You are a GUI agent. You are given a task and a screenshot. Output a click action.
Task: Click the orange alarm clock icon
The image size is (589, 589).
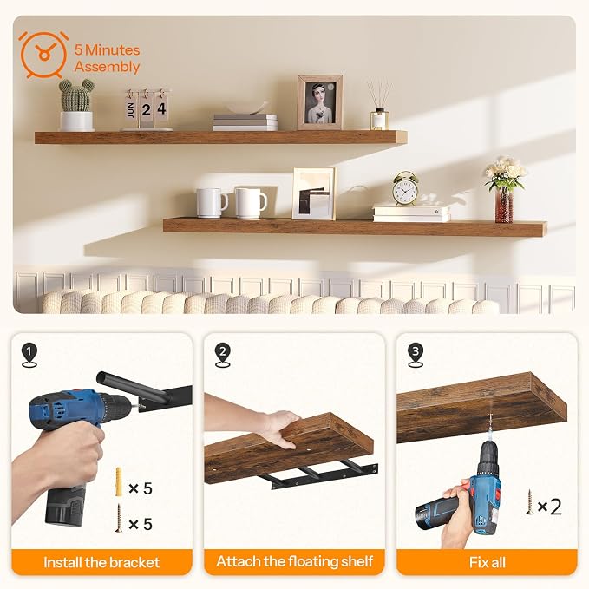(x=43, y=55)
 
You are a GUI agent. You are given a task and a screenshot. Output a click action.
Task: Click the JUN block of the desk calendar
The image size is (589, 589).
(x=131, y=109)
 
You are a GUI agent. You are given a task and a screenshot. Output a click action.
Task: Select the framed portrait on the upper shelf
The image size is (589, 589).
(x=320, y=102)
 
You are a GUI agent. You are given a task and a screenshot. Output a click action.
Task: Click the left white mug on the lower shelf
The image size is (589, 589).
(x=212, y=203)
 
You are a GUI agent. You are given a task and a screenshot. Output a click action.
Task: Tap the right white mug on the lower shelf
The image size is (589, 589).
(x=251, y=203)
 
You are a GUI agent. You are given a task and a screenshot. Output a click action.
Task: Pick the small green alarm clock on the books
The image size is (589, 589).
(x=405, y=188)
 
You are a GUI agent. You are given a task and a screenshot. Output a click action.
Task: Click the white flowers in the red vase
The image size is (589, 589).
(x=505, y=173)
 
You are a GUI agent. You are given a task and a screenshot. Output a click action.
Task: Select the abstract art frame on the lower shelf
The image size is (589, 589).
(x=314, y=193)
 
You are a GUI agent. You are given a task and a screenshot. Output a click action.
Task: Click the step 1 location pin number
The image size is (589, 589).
(x=29, y=351)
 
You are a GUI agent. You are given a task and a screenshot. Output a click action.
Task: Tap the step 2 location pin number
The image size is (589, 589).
(x=222, y=351)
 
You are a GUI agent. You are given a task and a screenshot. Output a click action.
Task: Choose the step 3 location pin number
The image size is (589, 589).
(x=416, y=351)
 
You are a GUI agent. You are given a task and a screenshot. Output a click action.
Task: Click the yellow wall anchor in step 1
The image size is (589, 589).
(x=119, y=481)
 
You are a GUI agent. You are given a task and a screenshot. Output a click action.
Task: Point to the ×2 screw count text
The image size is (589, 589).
(x=549, y=507)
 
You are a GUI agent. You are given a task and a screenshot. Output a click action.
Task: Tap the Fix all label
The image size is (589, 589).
(x=488, y=562)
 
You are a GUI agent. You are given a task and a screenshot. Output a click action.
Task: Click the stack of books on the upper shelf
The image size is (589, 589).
(x=245, y=122)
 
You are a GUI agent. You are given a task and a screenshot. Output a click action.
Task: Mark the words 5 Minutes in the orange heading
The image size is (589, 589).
(x=107, y=50)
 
